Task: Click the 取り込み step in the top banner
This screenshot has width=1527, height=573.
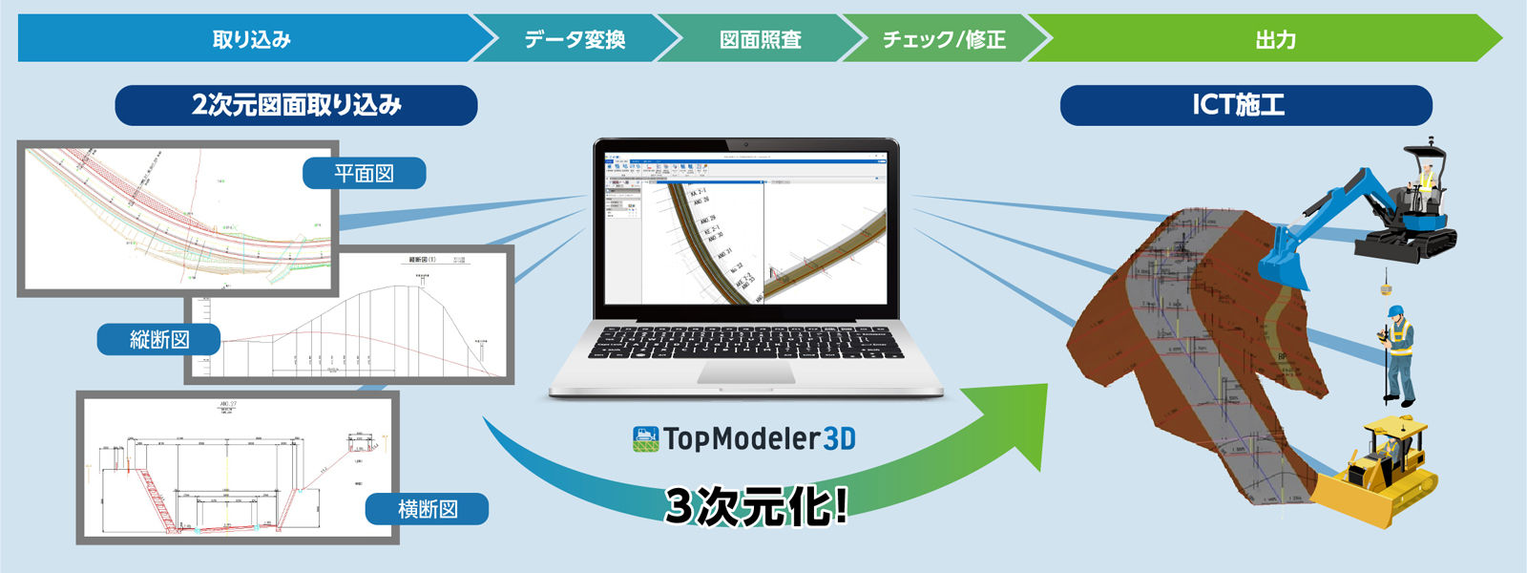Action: (x=251, y=39)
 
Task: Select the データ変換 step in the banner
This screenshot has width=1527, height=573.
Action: (x=575, y=39)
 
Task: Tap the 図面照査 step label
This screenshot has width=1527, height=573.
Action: (x=761, y=39)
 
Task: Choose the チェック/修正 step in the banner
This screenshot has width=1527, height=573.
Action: (x=944, y=39)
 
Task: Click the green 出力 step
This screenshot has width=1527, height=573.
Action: (x=1275, y=39)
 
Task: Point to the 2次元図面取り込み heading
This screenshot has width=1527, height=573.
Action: (x=296, y=105)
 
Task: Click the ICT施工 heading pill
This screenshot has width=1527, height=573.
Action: (x=1245, y=105)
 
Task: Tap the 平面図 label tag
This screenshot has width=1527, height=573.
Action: (x=364, y=173)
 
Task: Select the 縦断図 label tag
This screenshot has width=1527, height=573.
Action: (x=158, y=339)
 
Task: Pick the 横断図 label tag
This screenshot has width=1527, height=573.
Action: (x=427, y=509)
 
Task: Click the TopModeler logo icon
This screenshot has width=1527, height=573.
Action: (x=646, y=439)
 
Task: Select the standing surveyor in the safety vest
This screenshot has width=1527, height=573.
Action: (x=1398, y=353)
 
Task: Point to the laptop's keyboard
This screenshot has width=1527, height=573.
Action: (x=745, y=342)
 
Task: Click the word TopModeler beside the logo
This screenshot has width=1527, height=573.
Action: (x=742, y=439)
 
